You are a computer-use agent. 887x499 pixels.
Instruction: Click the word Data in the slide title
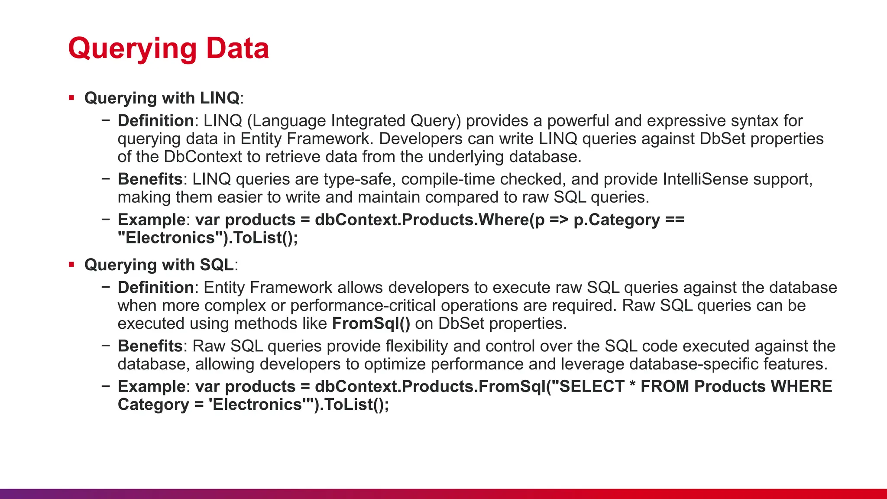pos(237,48)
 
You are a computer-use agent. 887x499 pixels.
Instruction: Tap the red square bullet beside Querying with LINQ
pos(71,98)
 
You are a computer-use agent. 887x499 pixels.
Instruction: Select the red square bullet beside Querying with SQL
pos(71,265)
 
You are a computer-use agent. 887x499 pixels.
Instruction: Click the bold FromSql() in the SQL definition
pos(371,324)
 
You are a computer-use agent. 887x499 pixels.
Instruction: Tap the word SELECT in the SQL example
pos(592,386)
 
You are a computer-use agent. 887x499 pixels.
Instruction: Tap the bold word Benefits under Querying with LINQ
pos(150,179)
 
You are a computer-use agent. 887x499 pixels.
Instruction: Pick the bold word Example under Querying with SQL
pos(152,386)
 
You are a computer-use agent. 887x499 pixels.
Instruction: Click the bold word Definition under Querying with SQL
pos(155,288)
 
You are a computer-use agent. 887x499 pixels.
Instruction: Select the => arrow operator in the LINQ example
pos(559,220)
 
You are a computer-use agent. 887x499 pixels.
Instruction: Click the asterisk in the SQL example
pos(632,385)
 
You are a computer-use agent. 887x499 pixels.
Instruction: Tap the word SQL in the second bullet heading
pos(217,265)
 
